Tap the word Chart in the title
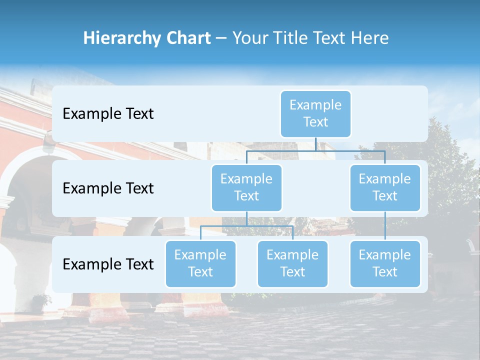pos(186,38)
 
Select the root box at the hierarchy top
pos(315,113)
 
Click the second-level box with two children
pos(246,187)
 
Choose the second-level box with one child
pos(385,187)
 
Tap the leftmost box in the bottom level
pos(200,263)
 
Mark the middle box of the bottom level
pos(292,263)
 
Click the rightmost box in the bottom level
pos(385,263)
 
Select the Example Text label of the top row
pos(108,114)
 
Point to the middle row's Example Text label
pos(108,188)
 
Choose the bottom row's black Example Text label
pos(108,264)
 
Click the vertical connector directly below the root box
pos(315,143)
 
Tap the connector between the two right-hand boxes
pos(385,226)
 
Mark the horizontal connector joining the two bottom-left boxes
pos(246,226)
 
